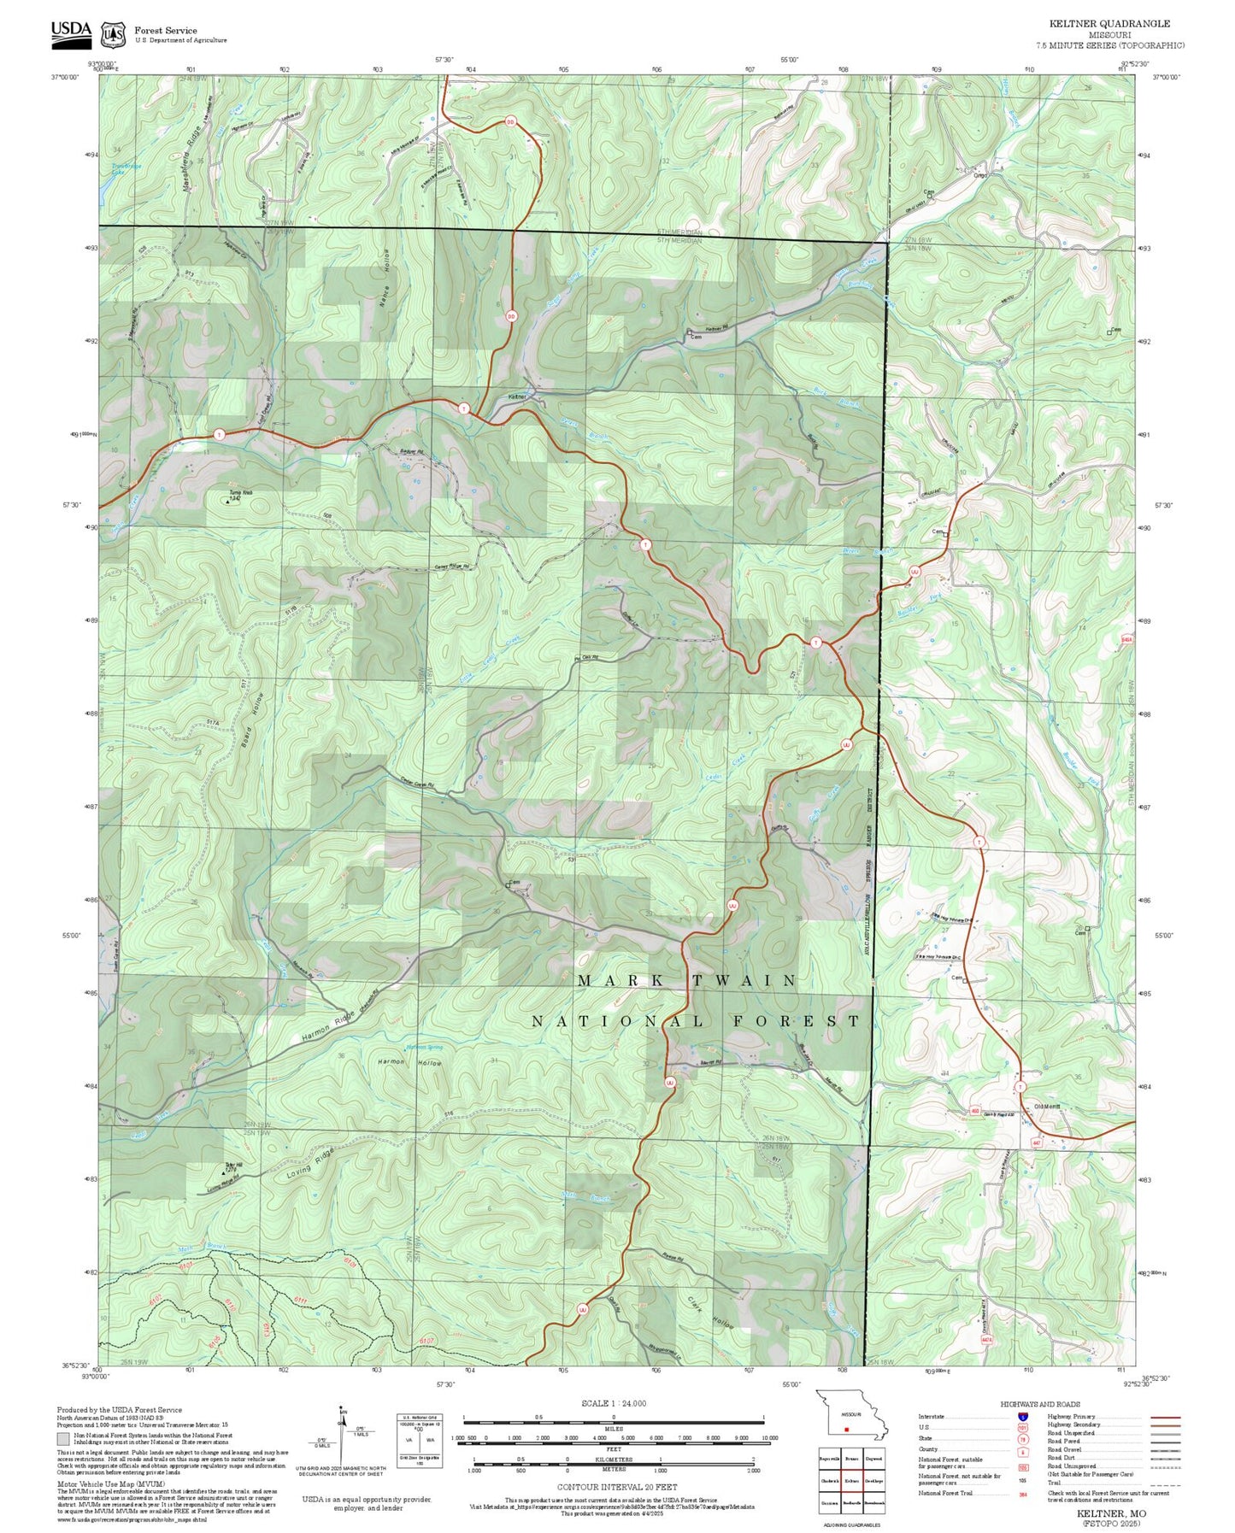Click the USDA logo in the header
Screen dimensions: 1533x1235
click(71, 31)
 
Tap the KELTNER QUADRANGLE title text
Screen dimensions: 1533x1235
click(1109, 24)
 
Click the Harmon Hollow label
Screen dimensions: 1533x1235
click(409, 1063)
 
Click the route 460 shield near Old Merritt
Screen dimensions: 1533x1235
click(975, 1111)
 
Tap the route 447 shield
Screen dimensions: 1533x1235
click(1037, 1142)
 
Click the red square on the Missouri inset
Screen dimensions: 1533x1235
click(846, 1428)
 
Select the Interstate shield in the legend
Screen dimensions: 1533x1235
click(1023, 1416)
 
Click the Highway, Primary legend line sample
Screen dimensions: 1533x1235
click(1165, 1417)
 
